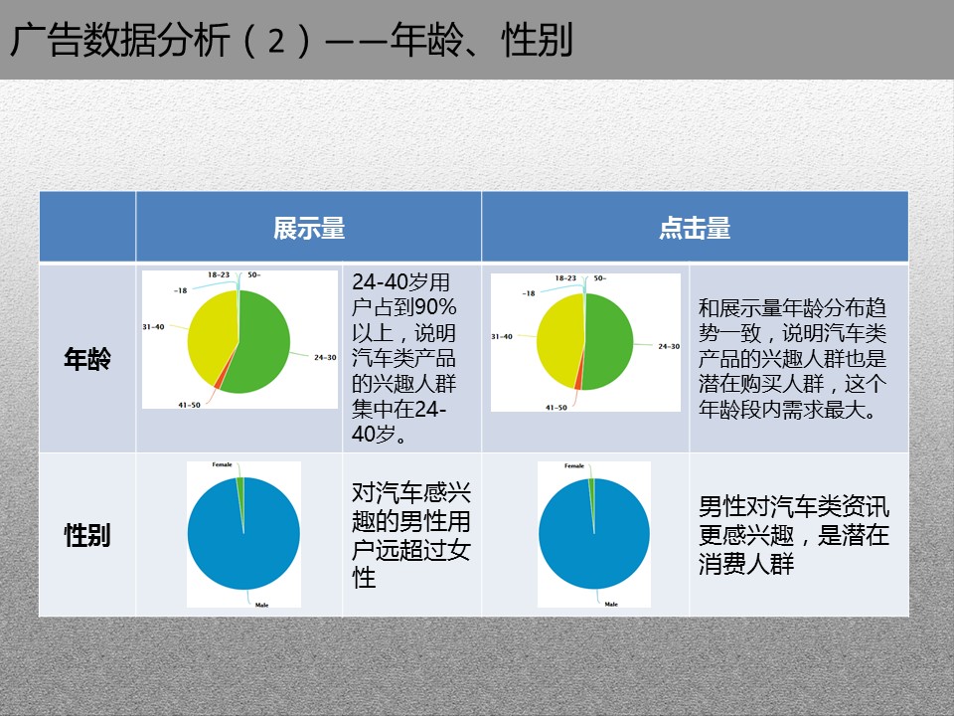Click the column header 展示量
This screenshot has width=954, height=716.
pyautogui.click(x=309, y=229)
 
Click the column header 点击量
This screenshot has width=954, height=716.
pyautogui.click(x=695, y=229)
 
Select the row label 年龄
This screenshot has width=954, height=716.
pyautogui.click(x=87, y=359)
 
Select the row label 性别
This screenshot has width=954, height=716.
pyautogui.click(x=87, y=535)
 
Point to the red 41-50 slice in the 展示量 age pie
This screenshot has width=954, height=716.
pyautogui.click(x=218, y=384)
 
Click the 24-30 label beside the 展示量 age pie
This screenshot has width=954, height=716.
pyautogui.click(x=325, y=357)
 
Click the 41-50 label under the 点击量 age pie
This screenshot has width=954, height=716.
pyautogui.click(x=556, y=408)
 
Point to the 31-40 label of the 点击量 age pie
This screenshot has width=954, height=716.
pyautogui.click(x=502, y=336)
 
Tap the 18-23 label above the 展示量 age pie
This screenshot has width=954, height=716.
pyautogui.click(x=219, y=274)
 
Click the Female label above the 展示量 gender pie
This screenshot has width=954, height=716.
pyautogui.click(x=222, y=464)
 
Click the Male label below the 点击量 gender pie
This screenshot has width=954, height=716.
pyautogui.click(x=611, y=604)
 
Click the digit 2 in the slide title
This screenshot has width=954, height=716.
pyautogui.click(x=276, y=41)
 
